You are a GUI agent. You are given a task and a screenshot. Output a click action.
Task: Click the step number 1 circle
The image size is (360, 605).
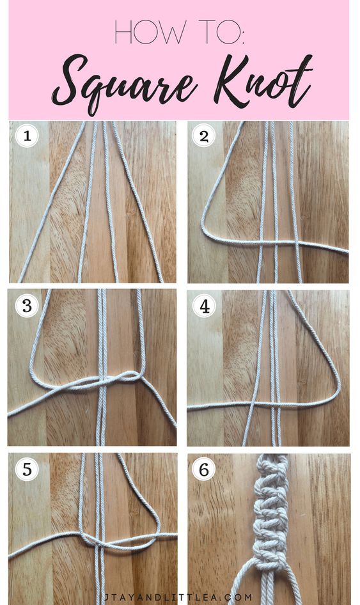[x=27, y=136]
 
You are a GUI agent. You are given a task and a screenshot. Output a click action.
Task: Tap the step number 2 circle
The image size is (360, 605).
[x=204, y=136]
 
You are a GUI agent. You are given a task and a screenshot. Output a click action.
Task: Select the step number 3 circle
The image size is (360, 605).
[x=27, y=306]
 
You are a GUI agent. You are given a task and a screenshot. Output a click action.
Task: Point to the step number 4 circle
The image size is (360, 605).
[x=204, y=306]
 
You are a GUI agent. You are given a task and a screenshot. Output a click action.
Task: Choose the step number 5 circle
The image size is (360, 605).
[x=27, y=469]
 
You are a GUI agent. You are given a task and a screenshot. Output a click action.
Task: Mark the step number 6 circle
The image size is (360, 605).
[x=204, y=469]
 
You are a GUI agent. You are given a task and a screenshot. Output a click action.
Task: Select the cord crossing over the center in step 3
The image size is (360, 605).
[x=102, y=380]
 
